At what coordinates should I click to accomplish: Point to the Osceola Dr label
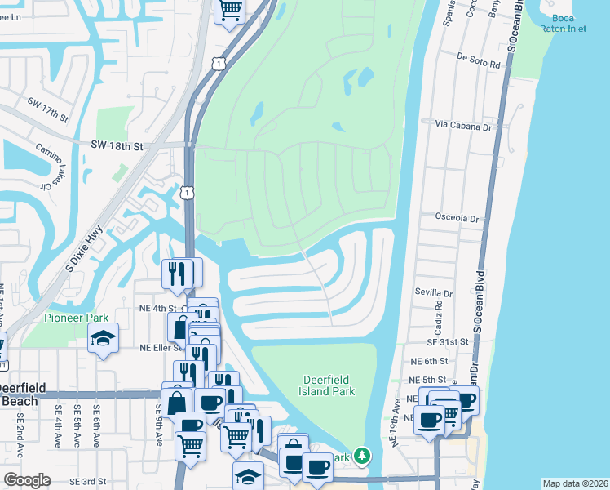pos(457,219)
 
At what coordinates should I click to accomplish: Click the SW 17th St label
pos(46,108)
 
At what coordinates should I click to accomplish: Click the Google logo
pos(27,480)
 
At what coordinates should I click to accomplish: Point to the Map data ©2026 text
pos(575,483)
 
